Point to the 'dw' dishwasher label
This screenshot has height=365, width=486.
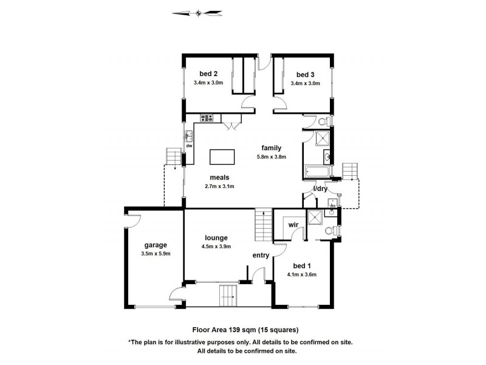pyautogui.click(x=189, y=146)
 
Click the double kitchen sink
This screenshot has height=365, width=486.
pyautogui.click(x=189, y=135)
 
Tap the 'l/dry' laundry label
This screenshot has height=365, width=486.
pyautogui.click(x=320, y=189)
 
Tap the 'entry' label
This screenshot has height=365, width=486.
pyautogui.click(x=261, y=255)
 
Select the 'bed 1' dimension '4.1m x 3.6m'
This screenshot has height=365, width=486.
pyautogui.click(x=302, y=274)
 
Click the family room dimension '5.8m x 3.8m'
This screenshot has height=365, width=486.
pyautogui.click(x=271, y=156)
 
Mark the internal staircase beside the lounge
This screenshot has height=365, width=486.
pyautogui.click(x=262, y=225)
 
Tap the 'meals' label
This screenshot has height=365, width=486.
pyautogui.click(x=219, y=178)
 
